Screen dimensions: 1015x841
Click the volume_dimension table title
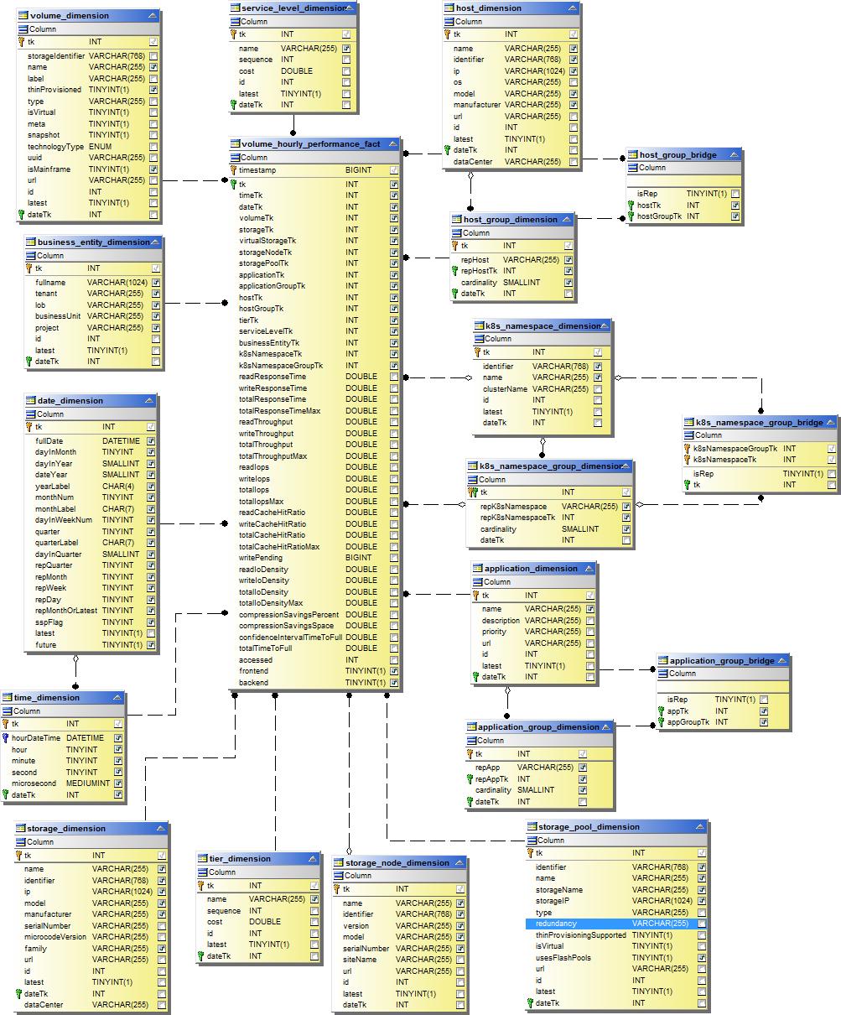pyautogui.click(x=69, y=16)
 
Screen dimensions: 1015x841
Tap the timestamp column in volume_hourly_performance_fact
pyautogui.click(x=257, y=170)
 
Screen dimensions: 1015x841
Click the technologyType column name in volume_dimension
pyautogui.click(x=55, y=147)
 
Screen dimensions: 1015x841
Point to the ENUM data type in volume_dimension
pyautogui.click(x=100, y=147)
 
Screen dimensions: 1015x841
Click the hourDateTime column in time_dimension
pyautogui.click(x=36, y=738)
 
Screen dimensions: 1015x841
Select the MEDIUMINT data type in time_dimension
pyautogui.click(x=88, y=783)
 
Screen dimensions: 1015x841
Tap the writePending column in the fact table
pyautogui.click(x=261, y=558)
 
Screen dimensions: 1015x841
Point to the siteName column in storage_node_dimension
pyautogui.click(x=360, y=960)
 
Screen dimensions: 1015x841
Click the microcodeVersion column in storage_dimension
pyautogui.click(x=55, y=937)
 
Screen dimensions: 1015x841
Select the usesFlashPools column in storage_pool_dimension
pyautogui.click(x=563, y=958)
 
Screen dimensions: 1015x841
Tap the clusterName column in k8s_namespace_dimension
pyautogui.click(x=505, y=389)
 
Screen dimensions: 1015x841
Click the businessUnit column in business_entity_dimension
pyautogui.click(x=58, y=316)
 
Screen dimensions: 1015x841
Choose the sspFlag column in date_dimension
pyautogui.click(x=49, y=622)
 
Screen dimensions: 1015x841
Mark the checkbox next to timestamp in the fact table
pyautogui.click(x=394, y=170)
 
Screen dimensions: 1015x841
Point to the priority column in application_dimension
pyautogui.click(x=495, y=632)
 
